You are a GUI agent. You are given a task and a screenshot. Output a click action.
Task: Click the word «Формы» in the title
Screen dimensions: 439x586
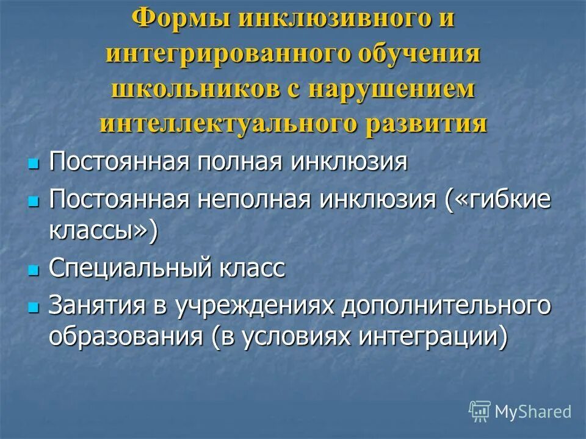[179, 18]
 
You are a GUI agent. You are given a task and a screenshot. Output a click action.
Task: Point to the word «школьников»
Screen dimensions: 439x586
[194, 88]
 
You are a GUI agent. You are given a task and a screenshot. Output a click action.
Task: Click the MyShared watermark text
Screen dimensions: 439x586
[533, 412]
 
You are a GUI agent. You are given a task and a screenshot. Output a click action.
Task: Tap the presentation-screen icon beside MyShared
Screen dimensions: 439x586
[480, 412]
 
